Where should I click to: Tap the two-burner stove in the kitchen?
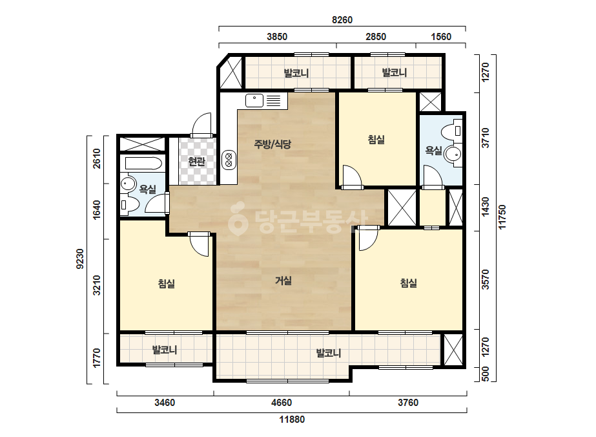[x=229, y=160]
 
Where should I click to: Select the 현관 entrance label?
[x=196, y=162]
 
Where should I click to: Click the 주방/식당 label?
[x=272, y=144]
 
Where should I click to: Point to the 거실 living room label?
[x=283, y=281]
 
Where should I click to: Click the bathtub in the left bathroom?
[x=144, y=164]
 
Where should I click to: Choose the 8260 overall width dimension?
[x=342, y=20]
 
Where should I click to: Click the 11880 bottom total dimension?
[x=292, y=420]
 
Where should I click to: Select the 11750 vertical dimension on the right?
[x=502, y=217]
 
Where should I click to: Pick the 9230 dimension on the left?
[x=80, y=259]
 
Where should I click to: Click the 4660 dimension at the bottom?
[x=282, y=402]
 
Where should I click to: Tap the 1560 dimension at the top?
[x=441, y=37]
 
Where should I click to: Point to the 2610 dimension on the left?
[x=97, y=159]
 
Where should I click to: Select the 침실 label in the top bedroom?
[x=376, y=140]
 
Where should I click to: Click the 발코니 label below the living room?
[x=329, y=353]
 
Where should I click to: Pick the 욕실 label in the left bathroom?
[x=147, y=189]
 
